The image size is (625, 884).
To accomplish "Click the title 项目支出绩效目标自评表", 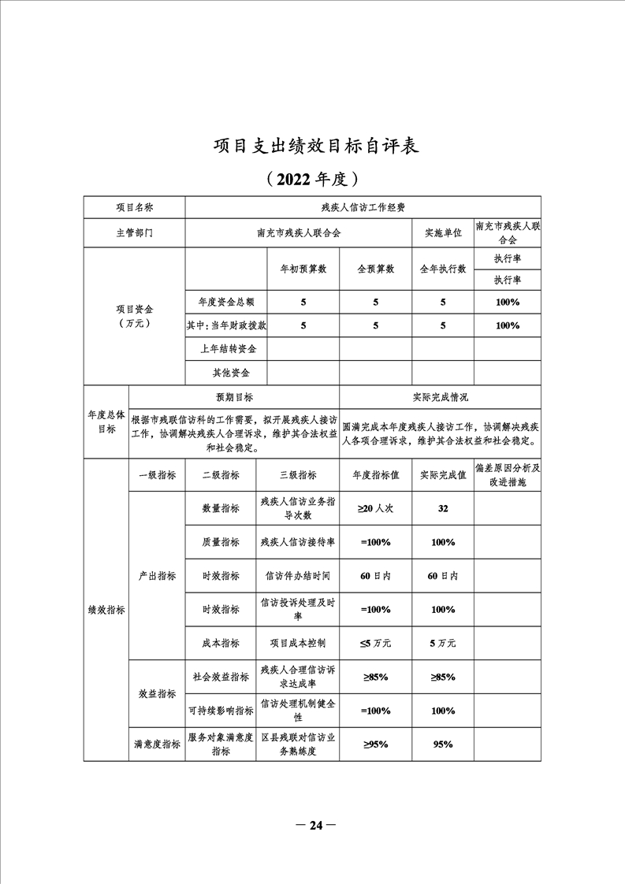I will pos(313,147).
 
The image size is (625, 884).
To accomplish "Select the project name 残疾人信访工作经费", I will pos(363,207).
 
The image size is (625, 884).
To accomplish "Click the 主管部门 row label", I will pos(134,234).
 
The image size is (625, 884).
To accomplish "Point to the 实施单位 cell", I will pos(442,234).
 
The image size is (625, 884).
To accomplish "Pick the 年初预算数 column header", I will pos(303,269).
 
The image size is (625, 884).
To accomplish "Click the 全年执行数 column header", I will pos(442,269).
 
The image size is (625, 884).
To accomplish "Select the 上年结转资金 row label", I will pos(224,348).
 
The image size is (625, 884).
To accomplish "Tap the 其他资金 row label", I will pos(224,373).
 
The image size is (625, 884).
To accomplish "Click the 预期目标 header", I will pos(234,398).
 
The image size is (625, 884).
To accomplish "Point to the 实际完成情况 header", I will pos(440,398).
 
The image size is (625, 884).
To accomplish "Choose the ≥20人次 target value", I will pos(375,509).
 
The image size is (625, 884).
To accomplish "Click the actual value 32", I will pos(442,509).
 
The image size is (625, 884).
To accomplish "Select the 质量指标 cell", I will pos(220,542).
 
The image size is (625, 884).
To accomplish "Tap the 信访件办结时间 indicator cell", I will pos(298,576).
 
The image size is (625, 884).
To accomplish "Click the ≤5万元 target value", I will pos(375,643).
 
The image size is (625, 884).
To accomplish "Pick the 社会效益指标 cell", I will pos(220,677).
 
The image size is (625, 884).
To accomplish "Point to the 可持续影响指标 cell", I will pos(220,711).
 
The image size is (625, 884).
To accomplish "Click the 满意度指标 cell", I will pos(156,744).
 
